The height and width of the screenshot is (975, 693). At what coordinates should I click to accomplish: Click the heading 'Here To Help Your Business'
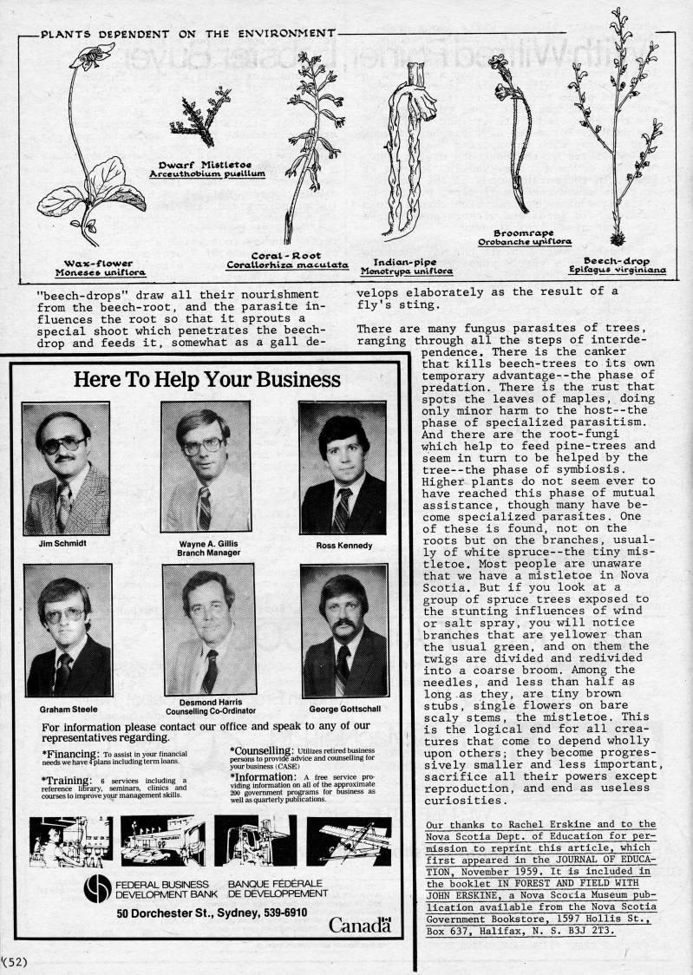pos(207,379)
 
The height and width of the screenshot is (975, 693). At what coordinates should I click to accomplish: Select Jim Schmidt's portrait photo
pos(67,469)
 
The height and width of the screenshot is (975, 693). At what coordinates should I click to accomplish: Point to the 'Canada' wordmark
pos(359,926)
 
